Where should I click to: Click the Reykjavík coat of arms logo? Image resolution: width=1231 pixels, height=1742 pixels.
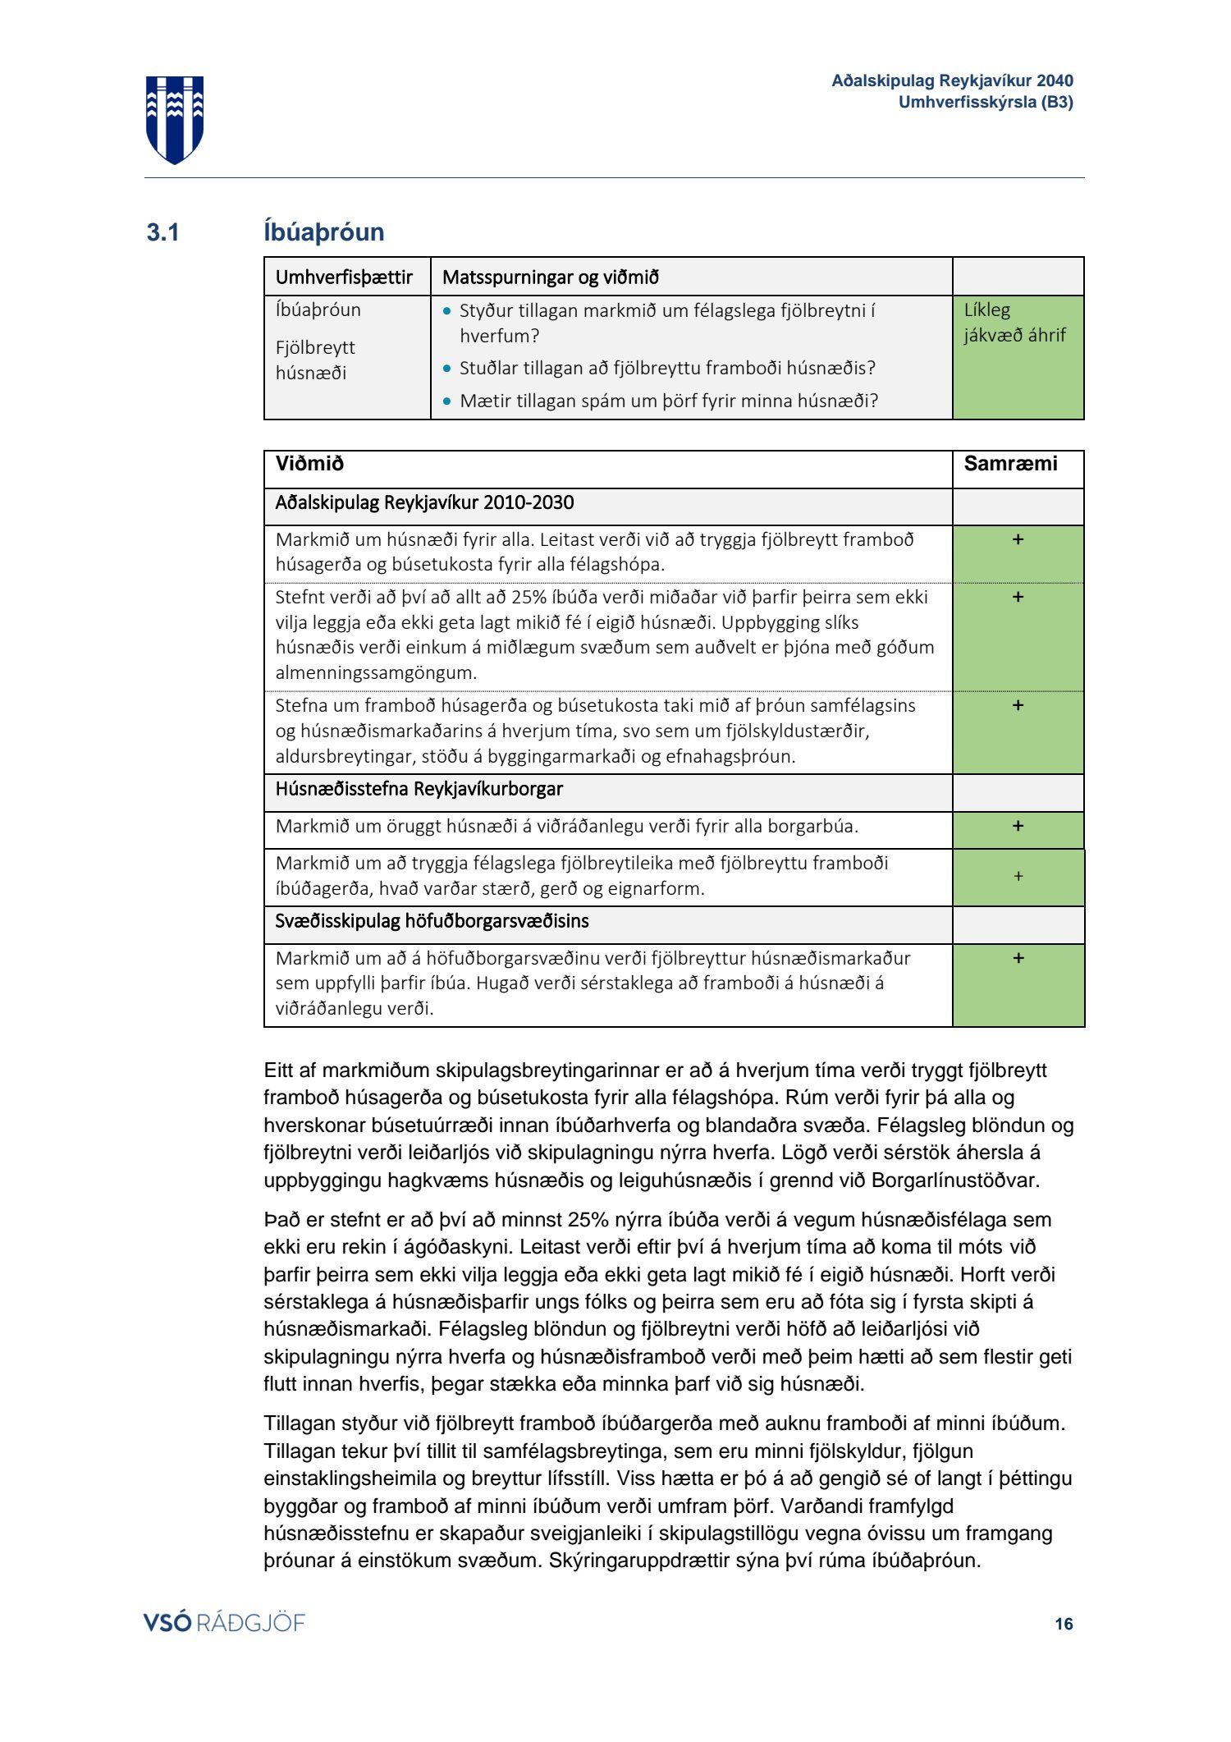(x=175, y=119)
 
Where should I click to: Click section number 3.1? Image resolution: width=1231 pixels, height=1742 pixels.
(x=162, y=233)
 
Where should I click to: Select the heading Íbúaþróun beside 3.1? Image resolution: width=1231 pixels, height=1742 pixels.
(x=324, y=232)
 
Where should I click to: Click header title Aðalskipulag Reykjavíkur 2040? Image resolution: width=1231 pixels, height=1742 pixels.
(x=952, y=80)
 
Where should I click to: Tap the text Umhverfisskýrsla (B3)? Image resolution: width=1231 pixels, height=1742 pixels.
(x=986, y=103)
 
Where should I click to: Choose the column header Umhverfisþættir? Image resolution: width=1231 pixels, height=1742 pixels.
(x=344, y=277)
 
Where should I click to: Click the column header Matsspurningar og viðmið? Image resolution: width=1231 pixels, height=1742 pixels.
(x=551, y=277)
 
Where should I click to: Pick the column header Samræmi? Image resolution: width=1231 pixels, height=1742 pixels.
(x=1010, y=464)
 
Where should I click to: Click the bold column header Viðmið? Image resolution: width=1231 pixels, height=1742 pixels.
(x=309, y=464)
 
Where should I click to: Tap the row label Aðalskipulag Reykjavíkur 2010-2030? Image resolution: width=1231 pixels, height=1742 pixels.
(x=424, y=502)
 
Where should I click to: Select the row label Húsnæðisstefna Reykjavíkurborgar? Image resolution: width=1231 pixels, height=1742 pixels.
(x=419, y=789)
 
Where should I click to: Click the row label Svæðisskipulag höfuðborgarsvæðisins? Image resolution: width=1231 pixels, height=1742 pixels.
(x=432, y=921)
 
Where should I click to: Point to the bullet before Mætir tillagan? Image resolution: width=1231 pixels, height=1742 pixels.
(x=447, y=401)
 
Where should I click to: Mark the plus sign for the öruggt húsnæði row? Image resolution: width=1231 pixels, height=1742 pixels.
(x=1018, y=826)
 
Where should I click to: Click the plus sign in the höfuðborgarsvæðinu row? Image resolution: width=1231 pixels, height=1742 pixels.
(x=1018, y=958)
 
